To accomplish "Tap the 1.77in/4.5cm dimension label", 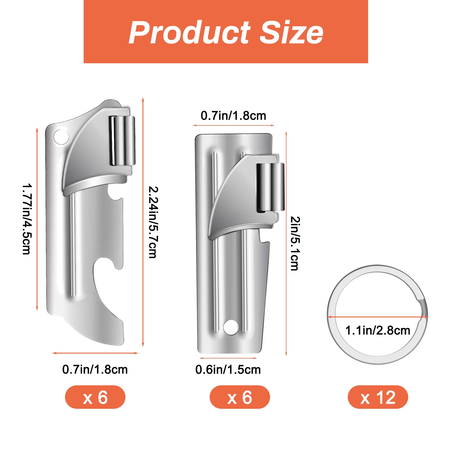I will click(x=27, y=219).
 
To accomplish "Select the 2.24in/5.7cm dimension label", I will click(x=153, y=222).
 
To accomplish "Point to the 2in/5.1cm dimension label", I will click(x=295, y=243).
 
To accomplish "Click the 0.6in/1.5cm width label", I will click(x=228, y=370).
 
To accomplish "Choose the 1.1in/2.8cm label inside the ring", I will click(x=378, y=330).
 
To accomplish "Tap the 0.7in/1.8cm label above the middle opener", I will click(x=233, y=116).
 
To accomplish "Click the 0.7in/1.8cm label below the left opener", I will click(x=95, y=370).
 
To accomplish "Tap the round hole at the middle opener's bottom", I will click(x=231, y=327).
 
